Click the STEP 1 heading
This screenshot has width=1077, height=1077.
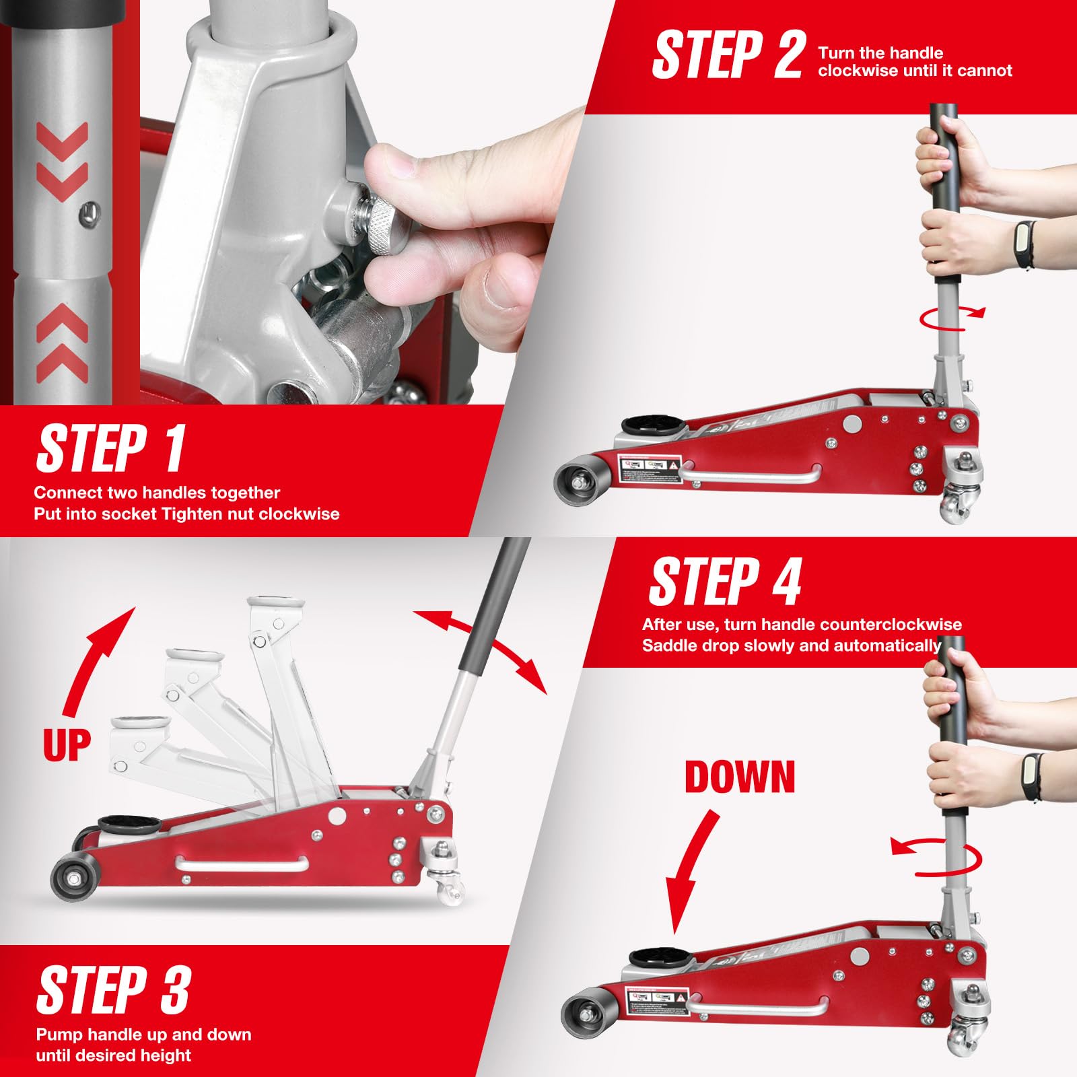[111, 449]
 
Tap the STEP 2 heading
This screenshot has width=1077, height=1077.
[728, 55]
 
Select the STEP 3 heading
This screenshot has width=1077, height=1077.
[113, 989]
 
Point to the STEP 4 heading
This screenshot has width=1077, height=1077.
[726, 582]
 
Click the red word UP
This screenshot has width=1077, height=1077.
[66, 745]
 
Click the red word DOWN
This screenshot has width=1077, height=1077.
[740, 777]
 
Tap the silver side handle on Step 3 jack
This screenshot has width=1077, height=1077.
[242, 864]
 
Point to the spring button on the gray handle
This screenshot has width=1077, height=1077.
[88, 214]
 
